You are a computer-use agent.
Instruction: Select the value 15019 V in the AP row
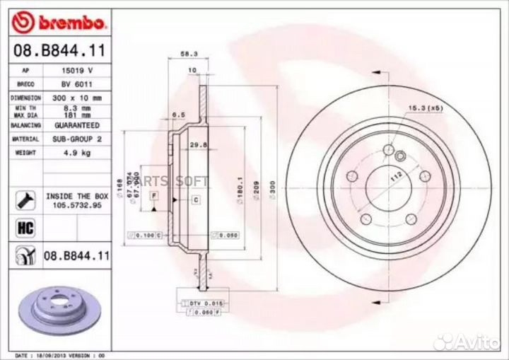[x=74, y=71]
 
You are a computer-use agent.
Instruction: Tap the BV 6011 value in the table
[x=74, y=83]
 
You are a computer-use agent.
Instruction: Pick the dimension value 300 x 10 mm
[x=74, y=97]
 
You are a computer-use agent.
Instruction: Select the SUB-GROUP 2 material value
[x=74, y=139]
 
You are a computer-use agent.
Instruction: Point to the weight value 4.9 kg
[x=74, y=152]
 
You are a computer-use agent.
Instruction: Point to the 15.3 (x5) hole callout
[x=424, y=108]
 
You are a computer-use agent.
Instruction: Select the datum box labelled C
[x=195, y=202]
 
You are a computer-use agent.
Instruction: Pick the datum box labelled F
[x=153, y=194]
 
